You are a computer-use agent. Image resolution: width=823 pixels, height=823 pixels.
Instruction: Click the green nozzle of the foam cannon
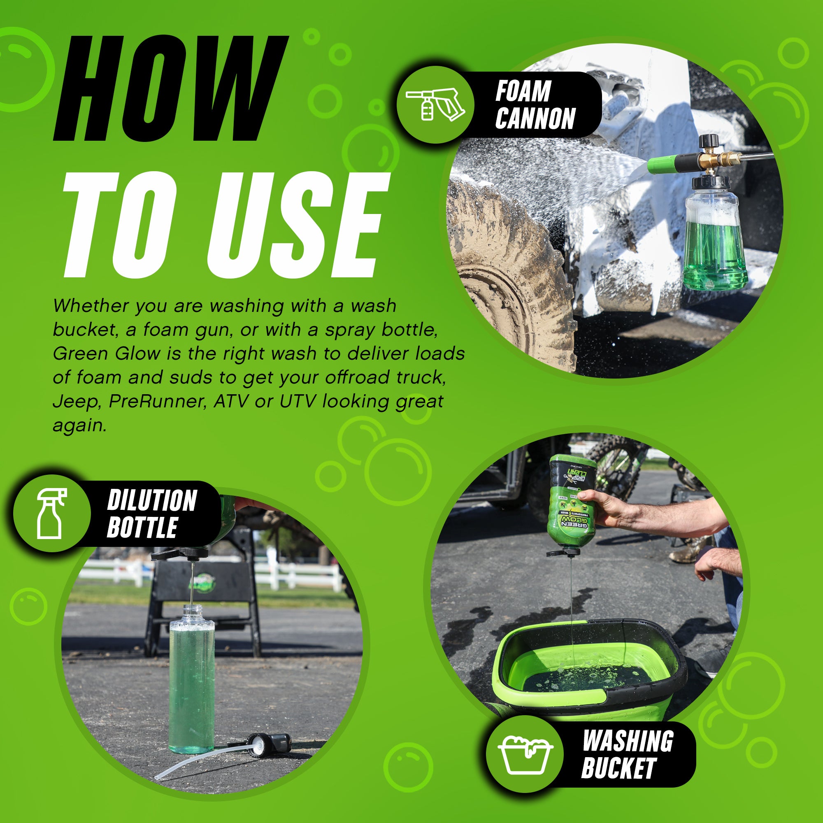coord(662,165)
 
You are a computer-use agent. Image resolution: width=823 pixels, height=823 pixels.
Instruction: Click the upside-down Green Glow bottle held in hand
coord(571,503)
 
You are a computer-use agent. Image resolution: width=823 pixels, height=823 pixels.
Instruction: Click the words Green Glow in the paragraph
coord(106,354)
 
